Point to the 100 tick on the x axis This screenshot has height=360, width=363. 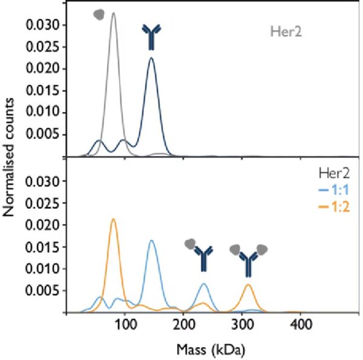[x=125, y=325]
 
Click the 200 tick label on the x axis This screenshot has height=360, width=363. [x=183, y=325]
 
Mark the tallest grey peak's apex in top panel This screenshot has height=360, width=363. [x=113, y=13]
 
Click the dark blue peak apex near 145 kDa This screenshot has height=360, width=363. [x=151, y=58]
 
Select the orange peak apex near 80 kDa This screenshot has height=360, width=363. [x=113, y=219]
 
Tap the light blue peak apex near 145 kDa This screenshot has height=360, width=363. [x=151, y=241]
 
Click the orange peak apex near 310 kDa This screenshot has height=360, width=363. [x=248, y=284]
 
